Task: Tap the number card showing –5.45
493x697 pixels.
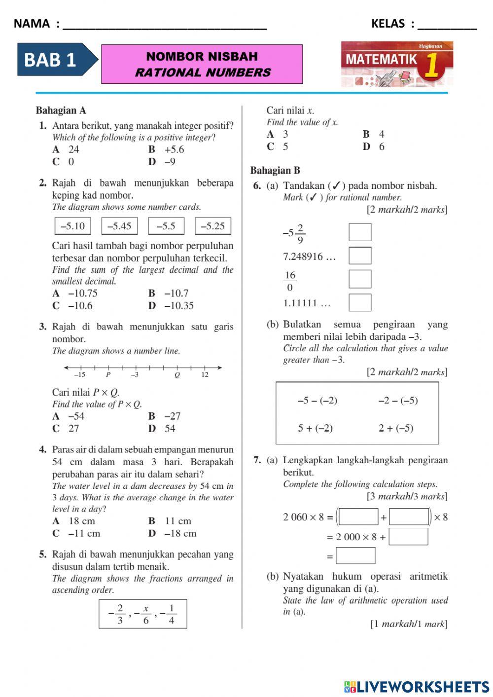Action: pyautogui.click(x=119, y=226)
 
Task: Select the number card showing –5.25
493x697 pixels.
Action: pyautogui.click(x=212, y=226)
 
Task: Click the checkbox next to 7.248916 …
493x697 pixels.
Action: pyautogui.click(x=360, y=256)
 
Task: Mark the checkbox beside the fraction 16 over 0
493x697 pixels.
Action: pyautogui.click(x=360, y=279)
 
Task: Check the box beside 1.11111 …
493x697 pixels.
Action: pyautogui.click(x=360, y=302)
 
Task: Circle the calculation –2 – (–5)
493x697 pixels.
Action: pyautogui.click(x=398, y=401)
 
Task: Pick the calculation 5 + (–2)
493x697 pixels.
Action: pyautogui.click(x=315, y=428)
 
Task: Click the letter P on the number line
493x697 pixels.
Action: pyautogui.click(x=108, y=375)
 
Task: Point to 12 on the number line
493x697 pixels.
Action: pyautogui.click(x=205, y=375)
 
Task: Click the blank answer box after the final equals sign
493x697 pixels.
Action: pyautogui.click(x=355, y=556)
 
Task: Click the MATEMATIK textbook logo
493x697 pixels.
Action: pyautogui.click(x=397, y=64)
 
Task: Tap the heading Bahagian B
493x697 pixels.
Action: pyautogui.click(x=275, y=171)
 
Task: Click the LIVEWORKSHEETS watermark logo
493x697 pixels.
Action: pyautogui.click(x=417, y=687)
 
